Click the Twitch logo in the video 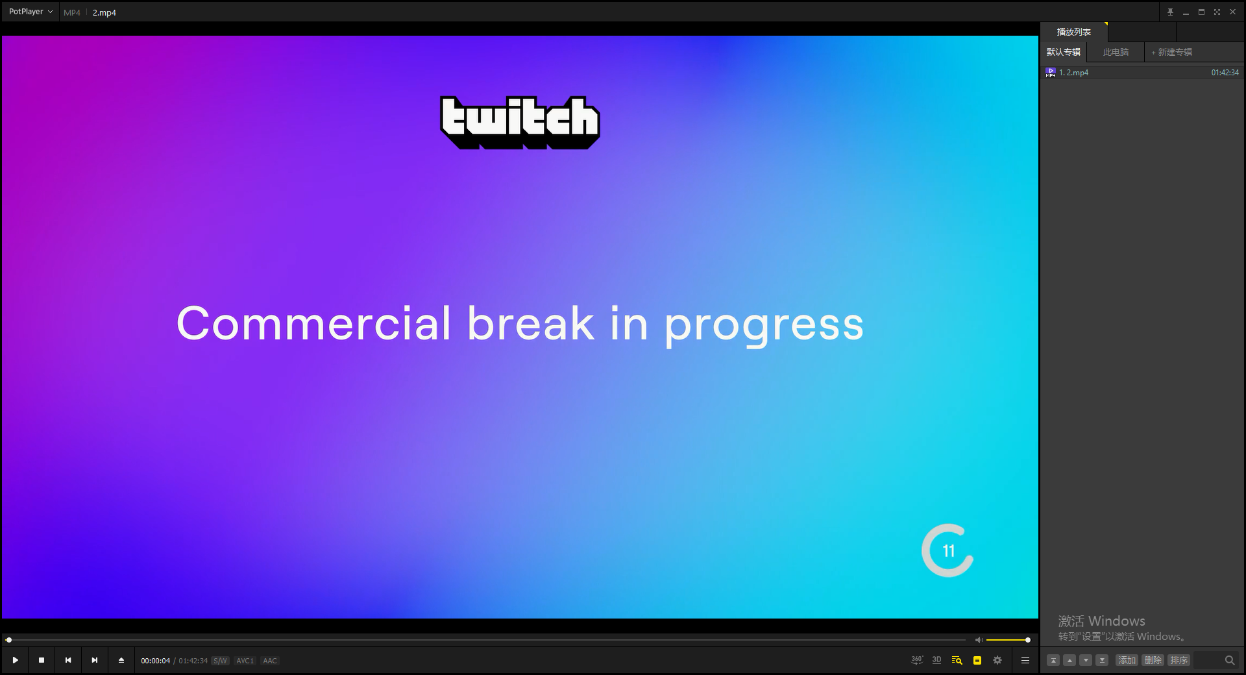click(x=520, y=122)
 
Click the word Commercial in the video click(x=313, y=323)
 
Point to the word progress click(x=764, y=326)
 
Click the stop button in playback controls click(x=42, y=660)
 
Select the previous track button click(x=68, y=660)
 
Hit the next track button click(x=95, y=660)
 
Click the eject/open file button click(x=121, y=660)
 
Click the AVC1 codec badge click(x=245, y=661)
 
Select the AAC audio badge click(x=270, y=661)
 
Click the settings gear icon click(x=997, y=660)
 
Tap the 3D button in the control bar click(x=936, y=660)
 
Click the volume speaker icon click(x=979, y=640)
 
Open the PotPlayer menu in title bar click(x=31, y=12)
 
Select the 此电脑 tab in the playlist click(x=1116, y=52)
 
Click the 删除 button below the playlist click(x=1153, y=660)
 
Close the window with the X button click(x=1232, y=12)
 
